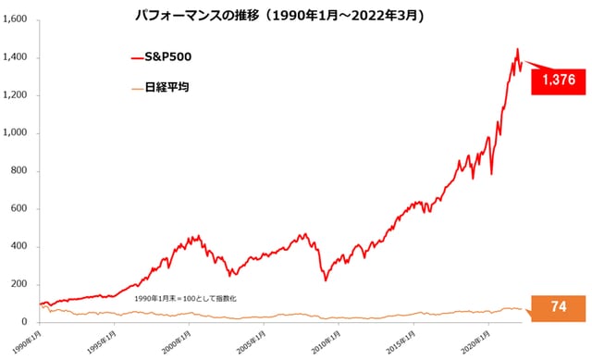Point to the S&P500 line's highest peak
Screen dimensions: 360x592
pyautogui.click(x=517, y=49)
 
